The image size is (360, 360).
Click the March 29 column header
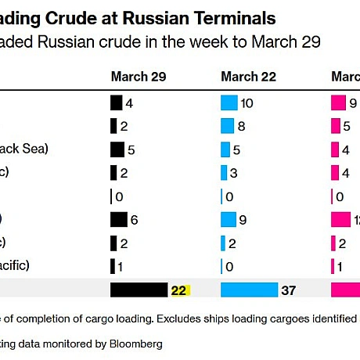139,77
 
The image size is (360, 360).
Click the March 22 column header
249,77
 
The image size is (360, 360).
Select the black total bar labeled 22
139,290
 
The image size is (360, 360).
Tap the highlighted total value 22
179,290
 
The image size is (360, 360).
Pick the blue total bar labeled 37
249,290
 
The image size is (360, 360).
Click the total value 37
289,290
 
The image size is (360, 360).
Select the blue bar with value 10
229,103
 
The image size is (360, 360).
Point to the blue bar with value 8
227,126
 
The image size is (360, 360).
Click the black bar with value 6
119,220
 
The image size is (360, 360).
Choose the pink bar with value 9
338,103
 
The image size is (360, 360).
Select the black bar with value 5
117,149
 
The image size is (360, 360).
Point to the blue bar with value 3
224,173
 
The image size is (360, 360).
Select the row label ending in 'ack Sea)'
23,149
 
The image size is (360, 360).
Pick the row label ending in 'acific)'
16,266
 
